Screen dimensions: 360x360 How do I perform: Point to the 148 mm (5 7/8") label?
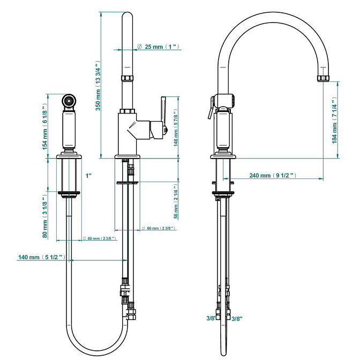(x=176, y=129)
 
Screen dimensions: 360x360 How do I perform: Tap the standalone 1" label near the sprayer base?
(x=88, y=175)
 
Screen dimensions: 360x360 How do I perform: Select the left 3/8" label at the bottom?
(x=211, y=319)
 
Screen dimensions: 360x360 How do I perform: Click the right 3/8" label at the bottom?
(x=237, y=319)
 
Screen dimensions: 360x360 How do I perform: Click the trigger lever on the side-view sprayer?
(x=208, y=112)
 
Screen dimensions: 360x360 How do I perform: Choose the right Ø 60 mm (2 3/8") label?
(x=160, y=228)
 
